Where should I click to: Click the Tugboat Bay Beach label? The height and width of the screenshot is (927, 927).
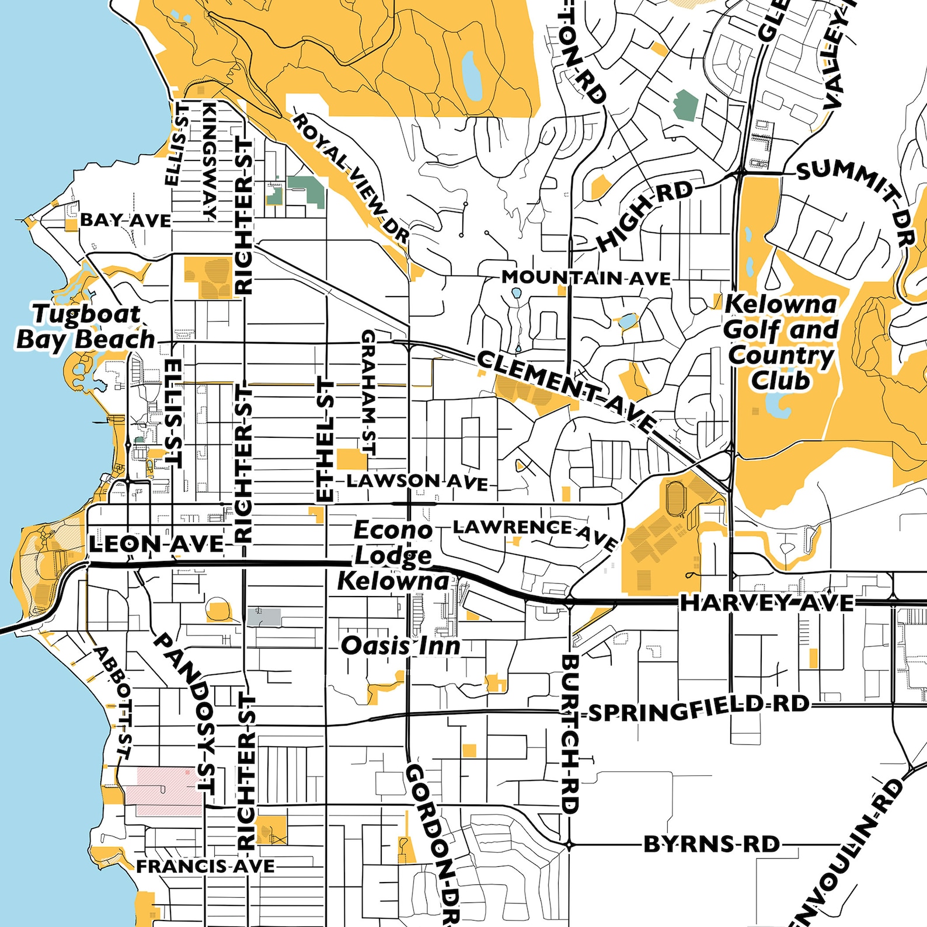click(85, 327)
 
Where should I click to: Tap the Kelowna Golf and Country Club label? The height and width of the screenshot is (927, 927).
click(781, 342)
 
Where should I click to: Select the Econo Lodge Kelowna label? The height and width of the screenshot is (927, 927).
click(393, 556)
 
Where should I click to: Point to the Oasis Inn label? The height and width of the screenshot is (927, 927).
click(400, 646)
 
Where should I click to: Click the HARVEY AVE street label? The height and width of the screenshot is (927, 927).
click(766, 603)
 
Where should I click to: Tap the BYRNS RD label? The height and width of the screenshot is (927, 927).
click(711, 844)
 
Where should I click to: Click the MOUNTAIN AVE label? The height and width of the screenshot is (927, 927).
click(586, 278)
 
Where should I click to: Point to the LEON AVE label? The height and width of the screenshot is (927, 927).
click(156, 545)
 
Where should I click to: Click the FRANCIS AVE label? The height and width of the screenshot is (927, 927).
click(205, 866)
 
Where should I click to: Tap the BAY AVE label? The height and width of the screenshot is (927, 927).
click(126, 221)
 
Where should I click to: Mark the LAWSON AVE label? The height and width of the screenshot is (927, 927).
click(417, 482)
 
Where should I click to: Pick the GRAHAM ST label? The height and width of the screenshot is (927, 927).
click(368, 392)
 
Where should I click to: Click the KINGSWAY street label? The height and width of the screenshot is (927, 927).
click(209, 161)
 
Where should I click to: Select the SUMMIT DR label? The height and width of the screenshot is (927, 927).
click(858, 198)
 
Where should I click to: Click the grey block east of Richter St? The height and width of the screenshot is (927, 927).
click(264, 617)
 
